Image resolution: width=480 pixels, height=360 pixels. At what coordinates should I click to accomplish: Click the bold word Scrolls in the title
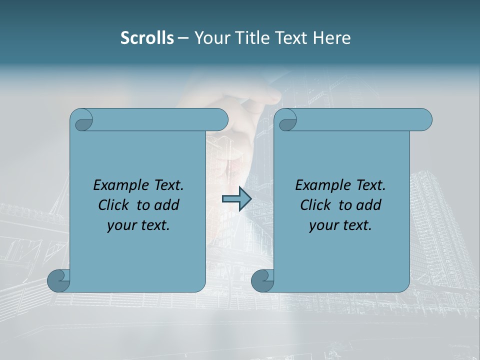[x=147, y=38]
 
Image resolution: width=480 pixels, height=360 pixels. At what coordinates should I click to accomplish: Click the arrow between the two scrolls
[x=236, y=199]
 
